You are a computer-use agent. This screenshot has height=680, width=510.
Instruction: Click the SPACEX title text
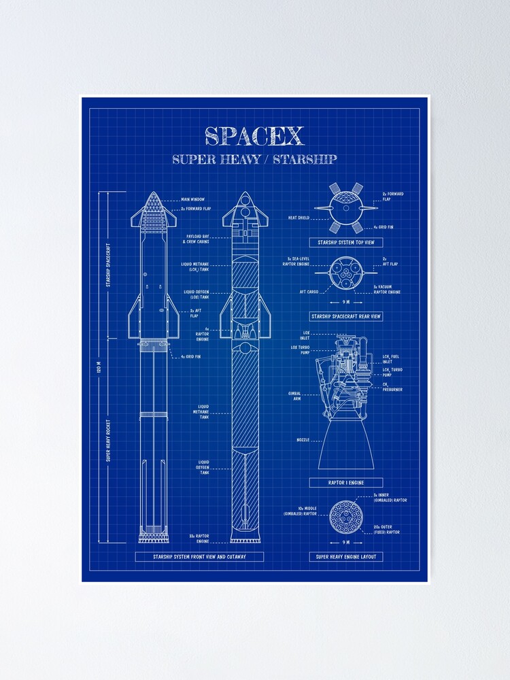(254, 136)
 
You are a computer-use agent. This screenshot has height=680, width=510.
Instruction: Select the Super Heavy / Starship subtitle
(254, 160)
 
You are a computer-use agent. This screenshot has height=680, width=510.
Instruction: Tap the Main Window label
(194, 200)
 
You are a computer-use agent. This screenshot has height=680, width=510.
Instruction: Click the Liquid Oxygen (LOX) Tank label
(197, 294)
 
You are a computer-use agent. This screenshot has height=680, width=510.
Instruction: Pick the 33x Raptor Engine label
(199, 539)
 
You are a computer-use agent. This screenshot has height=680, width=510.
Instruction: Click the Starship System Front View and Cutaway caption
(199, 556)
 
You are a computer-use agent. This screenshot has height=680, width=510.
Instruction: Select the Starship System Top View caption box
(346, 242)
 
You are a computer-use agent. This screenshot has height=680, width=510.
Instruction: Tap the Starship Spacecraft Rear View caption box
(346, 316)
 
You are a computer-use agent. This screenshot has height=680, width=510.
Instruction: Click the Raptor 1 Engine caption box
(346, 482)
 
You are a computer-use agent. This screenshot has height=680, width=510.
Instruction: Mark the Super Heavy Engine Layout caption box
(346, 556)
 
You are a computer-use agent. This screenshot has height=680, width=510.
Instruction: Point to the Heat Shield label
(299, 218)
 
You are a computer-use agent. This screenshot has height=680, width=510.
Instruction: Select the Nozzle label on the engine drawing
(303, 440)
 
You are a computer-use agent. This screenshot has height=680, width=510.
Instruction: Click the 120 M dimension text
(99, 368)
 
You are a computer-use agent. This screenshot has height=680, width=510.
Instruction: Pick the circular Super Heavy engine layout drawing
(346, 517)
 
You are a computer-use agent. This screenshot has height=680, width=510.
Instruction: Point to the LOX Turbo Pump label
(300, 350)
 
